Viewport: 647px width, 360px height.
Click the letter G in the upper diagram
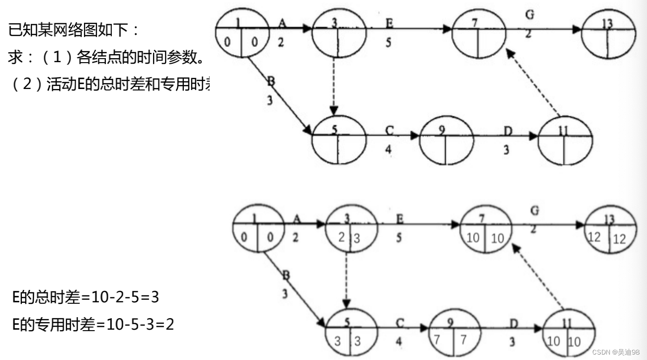(530, 15)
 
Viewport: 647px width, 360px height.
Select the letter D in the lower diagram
(514, 324)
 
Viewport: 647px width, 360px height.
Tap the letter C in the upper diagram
(389, 131)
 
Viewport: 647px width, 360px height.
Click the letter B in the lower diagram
(287, 275)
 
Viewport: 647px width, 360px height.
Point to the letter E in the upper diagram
(389, 23)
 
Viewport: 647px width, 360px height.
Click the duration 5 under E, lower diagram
(399, 238)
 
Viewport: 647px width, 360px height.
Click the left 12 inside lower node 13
(594, 237)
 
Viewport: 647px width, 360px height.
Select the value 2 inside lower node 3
(341, 237)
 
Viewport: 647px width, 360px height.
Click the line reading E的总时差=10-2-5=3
(85, 298)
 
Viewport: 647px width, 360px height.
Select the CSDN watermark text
(616, 352)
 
